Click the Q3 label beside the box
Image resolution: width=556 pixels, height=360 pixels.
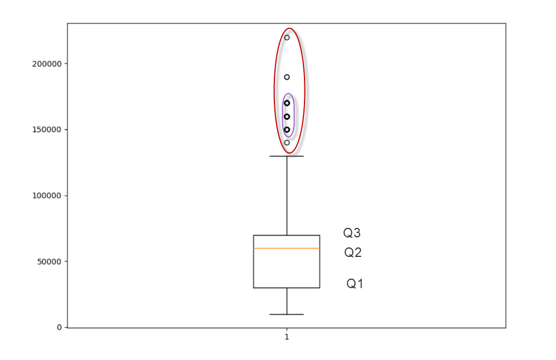(352, 233)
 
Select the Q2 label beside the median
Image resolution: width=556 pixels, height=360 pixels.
(353, 252)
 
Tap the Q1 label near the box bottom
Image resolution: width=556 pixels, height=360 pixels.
(355, 284)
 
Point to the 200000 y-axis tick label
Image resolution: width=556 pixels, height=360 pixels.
(47, 64)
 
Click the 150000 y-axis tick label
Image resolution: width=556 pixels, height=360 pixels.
(47, 130)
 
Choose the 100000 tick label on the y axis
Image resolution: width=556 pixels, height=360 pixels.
(47, 196)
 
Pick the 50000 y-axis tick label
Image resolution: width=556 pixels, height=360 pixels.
(49, 261)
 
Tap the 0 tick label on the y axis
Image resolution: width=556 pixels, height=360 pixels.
(60, 328)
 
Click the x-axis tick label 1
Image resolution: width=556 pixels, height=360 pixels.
(287, 337)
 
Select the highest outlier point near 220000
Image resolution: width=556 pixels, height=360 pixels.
(287, 37)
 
